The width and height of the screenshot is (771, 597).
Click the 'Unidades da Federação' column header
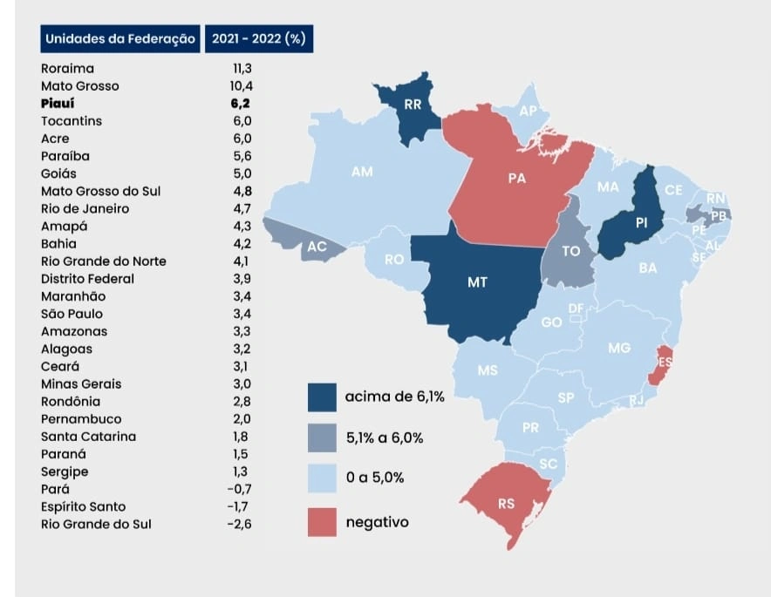click(120, 38)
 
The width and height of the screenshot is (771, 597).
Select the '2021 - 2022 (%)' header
click(258, 38)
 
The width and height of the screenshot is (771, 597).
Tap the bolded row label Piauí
click(58, 104)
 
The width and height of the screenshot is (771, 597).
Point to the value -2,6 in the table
click(238, 524)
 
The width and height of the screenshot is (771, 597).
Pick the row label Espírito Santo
click(83, 506)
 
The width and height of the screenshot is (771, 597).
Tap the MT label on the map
click(477, 282)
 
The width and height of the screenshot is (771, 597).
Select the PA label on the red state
click(516, 178)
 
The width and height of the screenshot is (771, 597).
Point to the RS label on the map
click(506, 504)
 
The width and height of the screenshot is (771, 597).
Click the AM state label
click(362, 172)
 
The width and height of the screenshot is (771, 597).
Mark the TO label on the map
click(571, 251)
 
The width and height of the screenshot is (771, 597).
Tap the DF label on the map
click(576, 309)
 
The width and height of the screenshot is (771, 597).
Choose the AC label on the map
click(317, 247)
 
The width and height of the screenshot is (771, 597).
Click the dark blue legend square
click(322, 397)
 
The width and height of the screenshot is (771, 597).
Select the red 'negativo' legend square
click(322, 522)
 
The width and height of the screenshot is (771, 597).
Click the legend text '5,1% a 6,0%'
click(384, 438)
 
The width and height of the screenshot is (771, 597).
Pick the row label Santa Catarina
click(88, 437)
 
